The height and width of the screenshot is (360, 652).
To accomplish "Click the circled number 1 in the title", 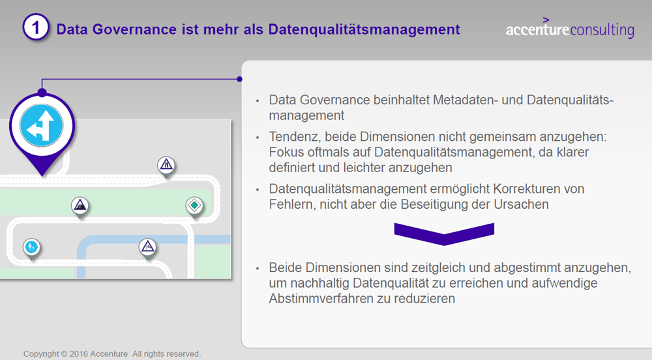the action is (x=36, y=27).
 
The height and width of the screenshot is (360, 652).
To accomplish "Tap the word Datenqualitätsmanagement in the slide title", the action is (x=364, y=30).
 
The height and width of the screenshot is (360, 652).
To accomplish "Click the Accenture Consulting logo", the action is (x=570, y=29).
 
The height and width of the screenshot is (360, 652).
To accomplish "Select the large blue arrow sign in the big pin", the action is (x=42, y=125).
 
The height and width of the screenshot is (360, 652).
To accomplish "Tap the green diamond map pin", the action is (x=194, y=206).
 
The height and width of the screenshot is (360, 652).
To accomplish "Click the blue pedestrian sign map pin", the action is (x=31, y=248).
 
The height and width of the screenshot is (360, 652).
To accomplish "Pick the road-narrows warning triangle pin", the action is (x=166, y=166).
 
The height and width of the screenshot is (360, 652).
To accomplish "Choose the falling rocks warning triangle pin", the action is (x=80, y=206).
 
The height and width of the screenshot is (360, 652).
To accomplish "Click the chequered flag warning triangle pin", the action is (x=147, y=248).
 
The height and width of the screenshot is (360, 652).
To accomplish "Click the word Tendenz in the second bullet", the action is (x=295, y=137).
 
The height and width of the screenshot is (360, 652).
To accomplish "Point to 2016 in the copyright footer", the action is (x=79, y=353).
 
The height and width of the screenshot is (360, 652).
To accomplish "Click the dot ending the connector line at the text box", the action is (x=239, y=79).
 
